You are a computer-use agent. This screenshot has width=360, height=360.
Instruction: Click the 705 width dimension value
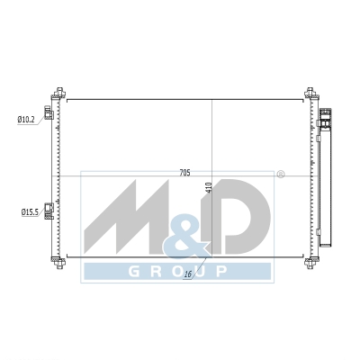click(x=185, y=173)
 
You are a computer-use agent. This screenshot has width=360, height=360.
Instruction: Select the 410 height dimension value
click(x=210, y=187)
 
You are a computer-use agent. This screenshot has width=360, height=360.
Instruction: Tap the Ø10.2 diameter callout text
click(x=26, y=120)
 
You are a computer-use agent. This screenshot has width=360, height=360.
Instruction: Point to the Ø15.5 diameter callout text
click(x=30, y=212)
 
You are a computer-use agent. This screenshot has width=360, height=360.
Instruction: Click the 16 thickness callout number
click(x=188, y=274)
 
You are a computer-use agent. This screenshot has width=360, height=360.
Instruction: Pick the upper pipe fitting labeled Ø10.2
click(x=49, y=112)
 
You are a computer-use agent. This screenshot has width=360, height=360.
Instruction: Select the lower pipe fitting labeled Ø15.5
click(x=49, y=211)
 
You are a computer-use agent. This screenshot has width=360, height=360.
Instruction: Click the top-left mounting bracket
click(x=58, y=93)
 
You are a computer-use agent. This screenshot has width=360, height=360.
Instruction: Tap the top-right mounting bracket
click(x=311, y=93)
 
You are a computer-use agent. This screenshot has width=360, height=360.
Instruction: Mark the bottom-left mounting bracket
click(x=58, y=263)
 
